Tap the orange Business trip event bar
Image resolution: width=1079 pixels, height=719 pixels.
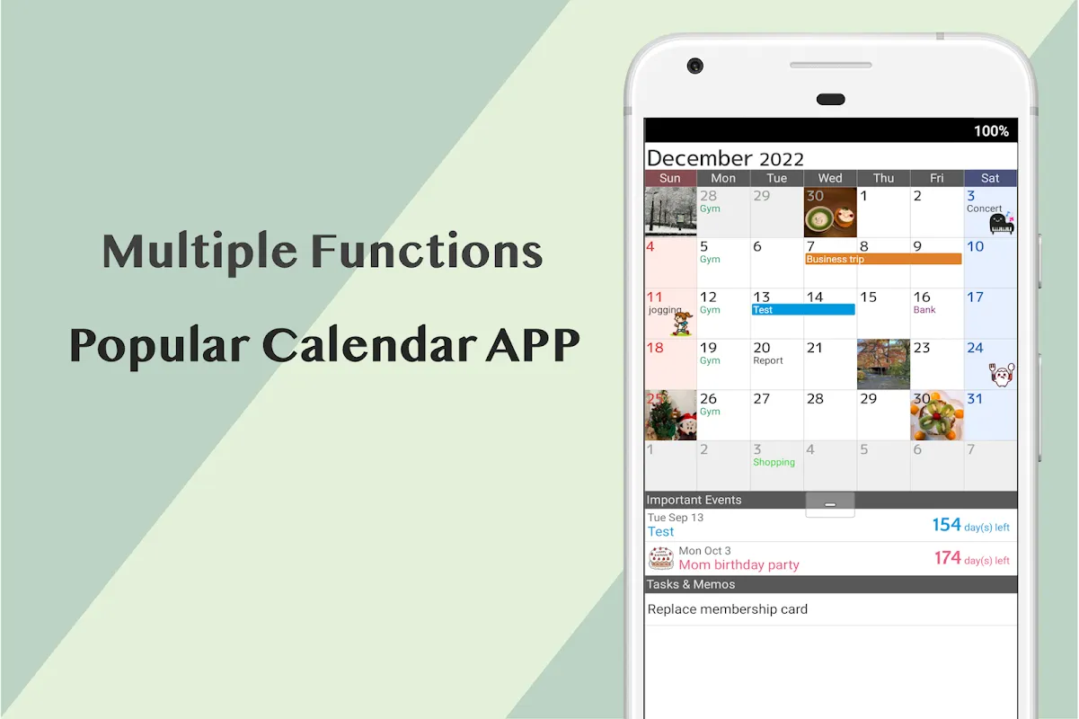883,259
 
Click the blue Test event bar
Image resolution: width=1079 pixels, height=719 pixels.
803,310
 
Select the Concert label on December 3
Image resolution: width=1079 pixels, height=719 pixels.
984,209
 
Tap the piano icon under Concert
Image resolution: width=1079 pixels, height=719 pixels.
1002,223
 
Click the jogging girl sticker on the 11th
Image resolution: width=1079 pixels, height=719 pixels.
682,324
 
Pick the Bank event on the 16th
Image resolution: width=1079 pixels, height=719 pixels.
924,310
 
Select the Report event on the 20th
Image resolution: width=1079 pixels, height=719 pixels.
768,360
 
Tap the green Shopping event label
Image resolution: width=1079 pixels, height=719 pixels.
774,462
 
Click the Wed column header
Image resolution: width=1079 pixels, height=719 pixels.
830,178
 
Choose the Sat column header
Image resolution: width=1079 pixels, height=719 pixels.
990,178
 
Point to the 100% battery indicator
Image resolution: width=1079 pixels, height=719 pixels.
991,131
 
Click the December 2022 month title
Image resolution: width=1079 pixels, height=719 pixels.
724,158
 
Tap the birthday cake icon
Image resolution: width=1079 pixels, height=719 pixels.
661,558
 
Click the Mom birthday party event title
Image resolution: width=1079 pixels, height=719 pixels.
738,564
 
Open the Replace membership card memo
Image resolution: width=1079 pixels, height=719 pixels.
727,609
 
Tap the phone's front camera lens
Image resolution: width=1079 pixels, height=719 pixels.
694,66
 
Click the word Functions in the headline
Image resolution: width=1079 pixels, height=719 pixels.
427,251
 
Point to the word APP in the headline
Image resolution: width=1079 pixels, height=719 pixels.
533,345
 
